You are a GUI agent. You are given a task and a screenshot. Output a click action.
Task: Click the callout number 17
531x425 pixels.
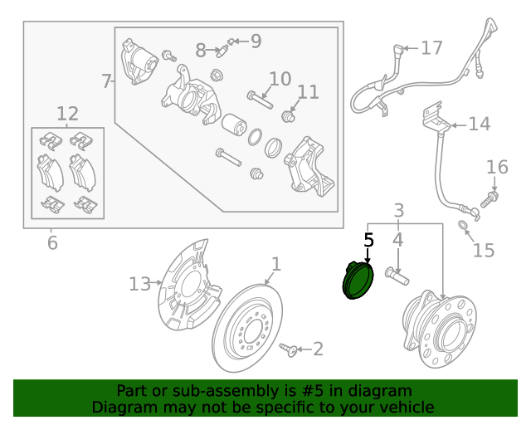click(431, 48)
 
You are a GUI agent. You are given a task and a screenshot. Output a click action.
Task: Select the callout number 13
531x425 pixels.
click(140, 284)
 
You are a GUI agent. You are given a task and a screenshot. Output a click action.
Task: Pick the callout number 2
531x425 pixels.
click(317, 349)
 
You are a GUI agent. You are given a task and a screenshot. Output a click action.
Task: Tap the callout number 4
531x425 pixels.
click(398, 241)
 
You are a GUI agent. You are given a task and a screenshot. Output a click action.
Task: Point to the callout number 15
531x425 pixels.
click(483, 250)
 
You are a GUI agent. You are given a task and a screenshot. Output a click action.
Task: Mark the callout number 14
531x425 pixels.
click(480, 125)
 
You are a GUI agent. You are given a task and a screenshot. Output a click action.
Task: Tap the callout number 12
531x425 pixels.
click(67, 113)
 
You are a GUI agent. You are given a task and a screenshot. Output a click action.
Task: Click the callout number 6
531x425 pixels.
click(51, 243)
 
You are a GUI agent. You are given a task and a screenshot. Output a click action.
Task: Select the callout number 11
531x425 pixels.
click(308, 91)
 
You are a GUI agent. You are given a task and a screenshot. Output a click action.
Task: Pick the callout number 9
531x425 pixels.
click(255, 41)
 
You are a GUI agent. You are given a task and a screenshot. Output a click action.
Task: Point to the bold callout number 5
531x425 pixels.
click(369, 240)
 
